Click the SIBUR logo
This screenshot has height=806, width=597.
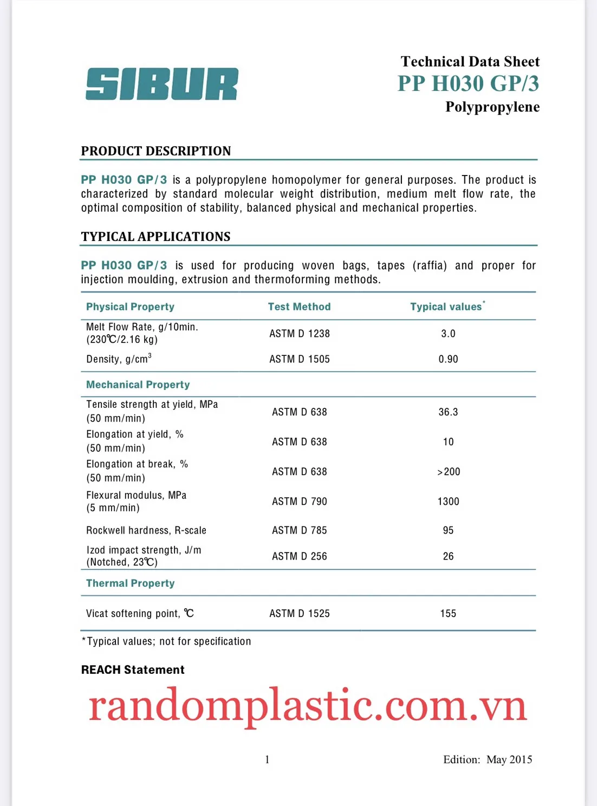pyautogui.click(x=161, y=84)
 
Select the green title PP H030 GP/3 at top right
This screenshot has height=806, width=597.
pyautogui.click(x=468, y=83)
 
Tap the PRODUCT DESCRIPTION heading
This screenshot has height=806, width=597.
pyautogui.click(x=156, y=151)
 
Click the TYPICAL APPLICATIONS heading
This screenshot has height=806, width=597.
pyautogui.click(x=155, y=237)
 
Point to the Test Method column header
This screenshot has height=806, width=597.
pyautogui.click(x=299, y=307)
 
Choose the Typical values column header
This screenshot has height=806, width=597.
pyautogui.click(x=447, y=307)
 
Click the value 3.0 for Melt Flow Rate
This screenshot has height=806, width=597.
pyautogui.click(x=448, y=334)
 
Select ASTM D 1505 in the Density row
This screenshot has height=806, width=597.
pyautogui.click(x=300, y=359)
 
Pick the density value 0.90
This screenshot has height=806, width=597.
pyautogui.click(x=448, y=359)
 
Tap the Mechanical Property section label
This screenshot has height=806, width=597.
pyautogui.click(x=138, y=385)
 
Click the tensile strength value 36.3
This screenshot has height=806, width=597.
pyautogui.click(x=448, y=412)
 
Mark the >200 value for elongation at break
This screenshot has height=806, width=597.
pyautogui.click(x=449, y=472)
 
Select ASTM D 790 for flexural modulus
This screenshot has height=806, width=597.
pyautogui.click(x=300, y=502)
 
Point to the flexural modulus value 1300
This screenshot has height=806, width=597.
pyautogui.click(x=448, y=502)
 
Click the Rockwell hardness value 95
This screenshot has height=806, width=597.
pyautogui.click(x=448, y=530)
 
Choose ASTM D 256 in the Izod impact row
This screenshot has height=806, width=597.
pyautogui.click(x=300, y=556)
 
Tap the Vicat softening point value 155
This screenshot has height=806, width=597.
pyautogui.click(x=448, y=614)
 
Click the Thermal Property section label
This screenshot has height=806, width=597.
pyautogui.click(x=131, y=583)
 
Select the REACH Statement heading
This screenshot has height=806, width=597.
pyautogui.click(x=133, y=670)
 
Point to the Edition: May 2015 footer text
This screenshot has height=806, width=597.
pyautogui.click(x=488, y=759)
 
